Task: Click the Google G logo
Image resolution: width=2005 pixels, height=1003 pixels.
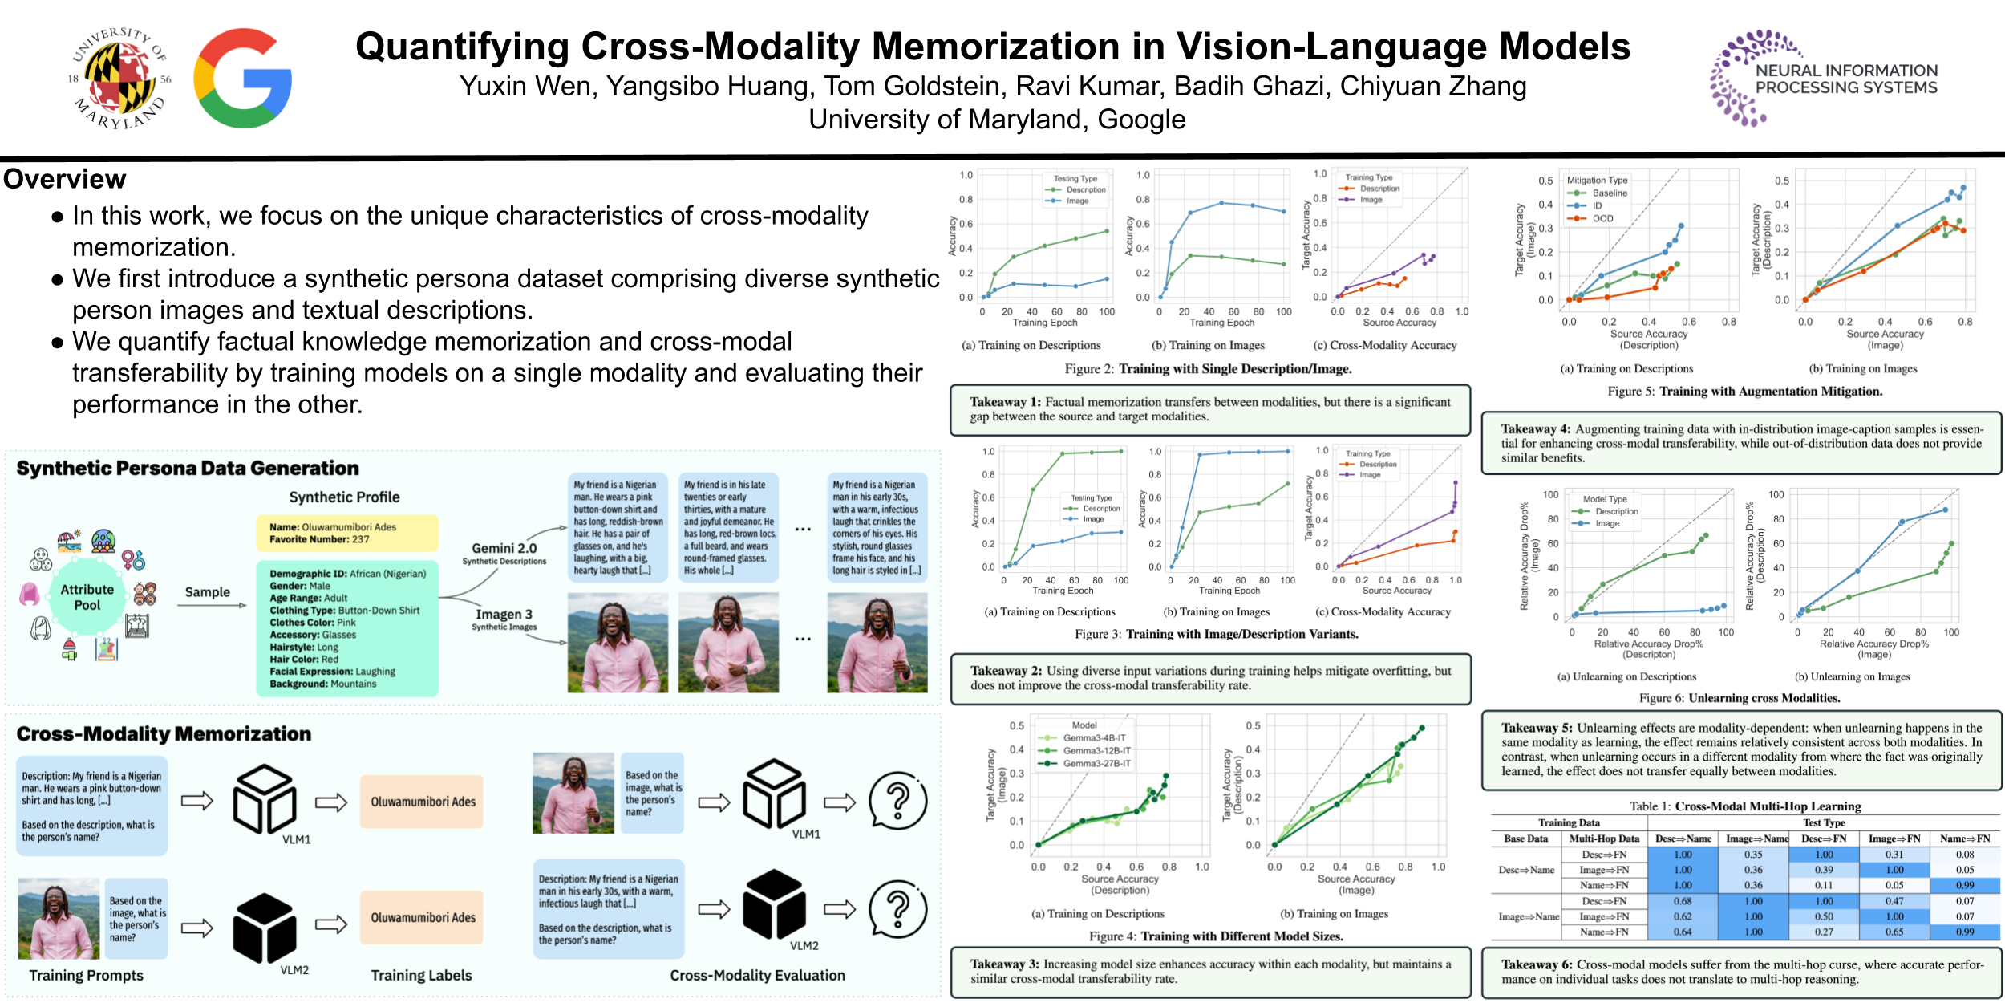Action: tap(242, 79)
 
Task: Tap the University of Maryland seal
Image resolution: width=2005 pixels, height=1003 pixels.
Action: tap(121, 79)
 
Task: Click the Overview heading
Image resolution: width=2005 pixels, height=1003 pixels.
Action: tap(65, 179)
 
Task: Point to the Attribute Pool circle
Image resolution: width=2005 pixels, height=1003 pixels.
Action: tap(87, 597)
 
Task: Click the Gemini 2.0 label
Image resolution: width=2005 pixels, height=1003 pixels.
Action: tap(504, 548)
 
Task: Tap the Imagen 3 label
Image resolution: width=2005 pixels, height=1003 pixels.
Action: tap(504, 615)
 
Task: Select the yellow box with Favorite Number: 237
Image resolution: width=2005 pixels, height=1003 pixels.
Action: tap(346, 533)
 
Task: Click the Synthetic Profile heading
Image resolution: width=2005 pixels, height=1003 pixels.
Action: tap(344, 497)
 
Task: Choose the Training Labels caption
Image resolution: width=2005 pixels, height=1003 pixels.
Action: tap(421, 976)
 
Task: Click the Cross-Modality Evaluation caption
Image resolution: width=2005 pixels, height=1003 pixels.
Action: tap(757, 976)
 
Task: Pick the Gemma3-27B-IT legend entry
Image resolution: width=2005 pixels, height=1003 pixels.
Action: tap(1096, 764)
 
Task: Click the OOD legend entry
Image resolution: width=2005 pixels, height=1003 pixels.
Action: tap(1602, 218)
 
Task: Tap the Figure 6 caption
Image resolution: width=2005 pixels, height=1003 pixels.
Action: tap(1739, 698)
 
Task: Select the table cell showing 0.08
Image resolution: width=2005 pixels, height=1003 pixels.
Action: tap(1964, 855)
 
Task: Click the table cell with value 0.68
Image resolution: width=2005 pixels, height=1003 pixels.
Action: tap(1683, 901)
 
